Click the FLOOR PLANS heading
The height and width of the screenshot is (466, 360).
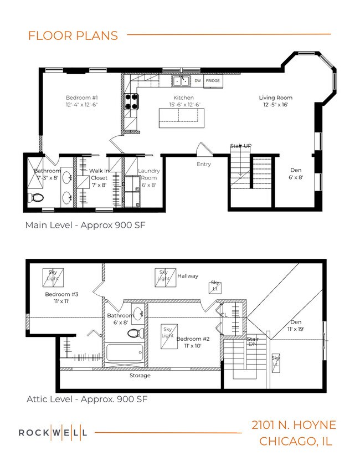point(73,35)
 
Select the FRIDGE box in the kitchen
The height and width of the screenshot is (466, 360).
point(213,81)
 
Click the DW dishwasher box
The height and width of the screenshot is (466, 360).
point(197,81)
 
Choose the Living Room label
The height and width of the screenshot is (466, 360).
point(275,101)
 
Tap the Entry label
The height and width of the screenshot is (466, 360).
point(204,165)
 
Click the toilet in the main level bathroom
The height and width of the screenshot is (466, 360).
point(37,197)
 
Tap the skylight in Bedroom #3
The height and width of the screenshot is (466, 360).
point(53,275)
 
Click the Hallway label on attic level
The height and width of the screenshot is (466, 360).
point(188,275)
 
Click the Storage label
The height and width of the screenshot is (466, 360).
point(140,375)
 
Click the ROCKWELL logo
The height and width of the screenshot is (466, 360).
point(53,432)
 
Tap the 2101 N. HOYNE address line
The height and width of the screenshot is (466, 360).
point(294,425)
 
